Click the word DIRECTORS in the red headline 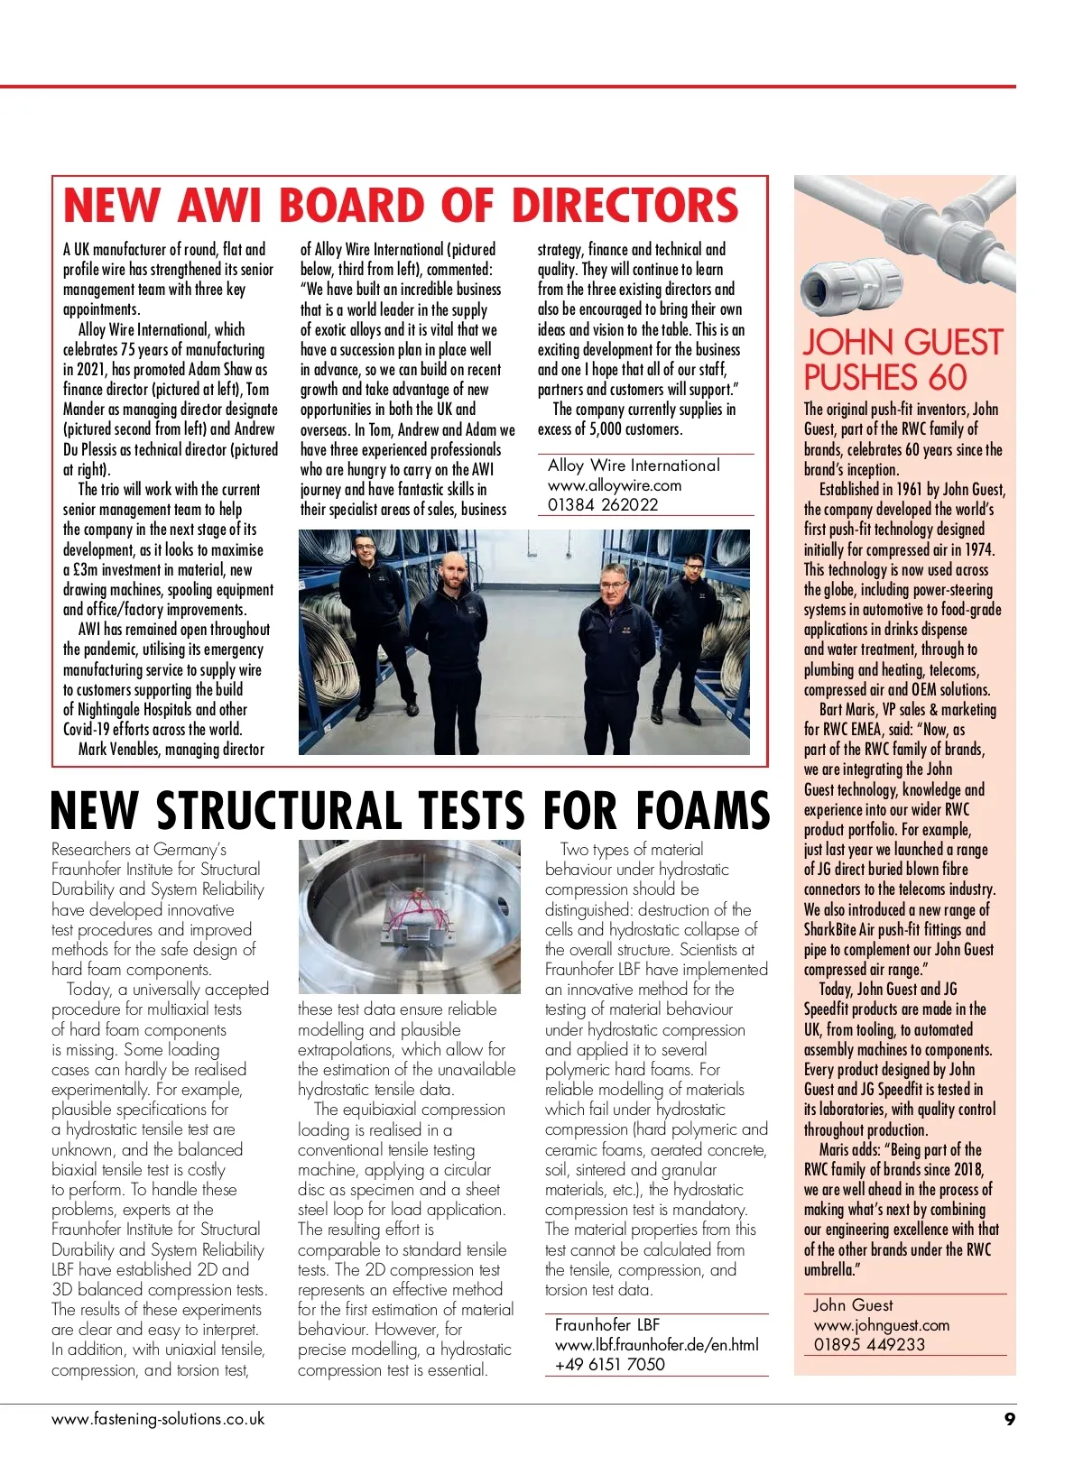click(625, 205)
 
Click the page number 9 click(1009, 1419)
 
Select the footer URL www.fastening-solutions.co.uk click(158, 1418)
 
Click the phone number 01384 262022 click(603, 505)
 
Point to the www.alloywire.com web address click(615, 485)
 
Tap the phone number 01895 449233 click(869, 1344)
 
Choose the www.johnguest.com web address click(881, 1325)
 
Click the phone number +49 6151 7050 click(609, 1364)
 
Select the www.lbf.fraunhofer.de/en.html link click(656, 1344)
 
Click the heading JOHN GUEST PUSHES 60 click(902, 359)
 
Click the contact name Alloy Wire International click(634, 465)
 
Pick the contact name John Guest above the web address click(852, 1305)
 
